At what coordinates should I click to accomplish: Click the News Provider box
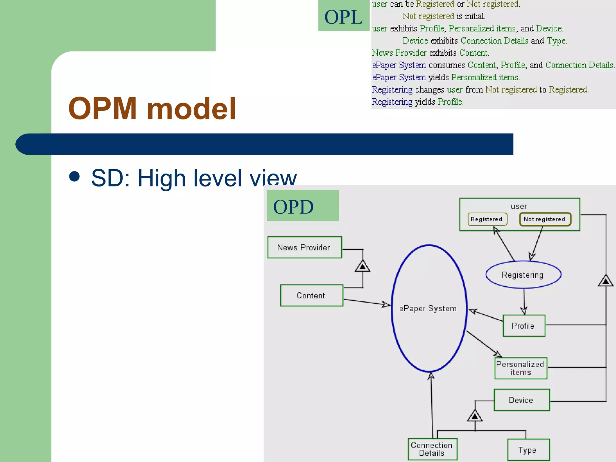(x=304, y=247)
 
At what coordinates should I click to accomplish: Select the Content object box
(x=311, y=295)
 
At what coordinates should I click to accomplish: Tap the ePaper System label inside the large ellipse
(x=428, y=309)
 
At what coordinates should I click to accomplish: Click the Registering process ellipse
(x=523, y=275)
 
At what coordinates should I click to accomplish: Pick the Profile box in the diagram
(x=524, y=326)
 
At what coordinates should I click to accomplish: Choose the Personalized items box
(x=521, y=368)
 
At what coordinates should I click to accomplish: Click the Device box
(x=522, y=400)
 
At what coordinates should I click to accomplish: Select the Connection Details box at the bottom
(x=432, y=449)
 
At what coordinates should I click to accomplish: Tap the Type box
(x=528, y=450)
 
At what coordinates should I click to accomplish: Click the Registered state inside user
(x=487, y=219)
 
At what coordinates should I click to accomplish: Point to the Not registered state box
(x=545, y=219)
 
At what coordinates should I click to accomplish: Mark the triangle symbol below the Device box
(x=475, y=416)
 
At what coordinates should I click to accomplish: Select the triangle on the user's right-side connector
(x=605, y=281)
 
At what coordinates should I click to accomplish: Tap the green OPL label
(x=343, y=16)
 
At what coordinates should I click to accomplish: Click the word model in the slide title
(x=191, y=109)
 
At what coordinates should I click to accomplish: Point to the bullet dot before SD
(x=74, y=177)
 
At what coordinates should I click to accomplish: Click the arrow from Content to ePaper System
(x=367, y=302)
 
